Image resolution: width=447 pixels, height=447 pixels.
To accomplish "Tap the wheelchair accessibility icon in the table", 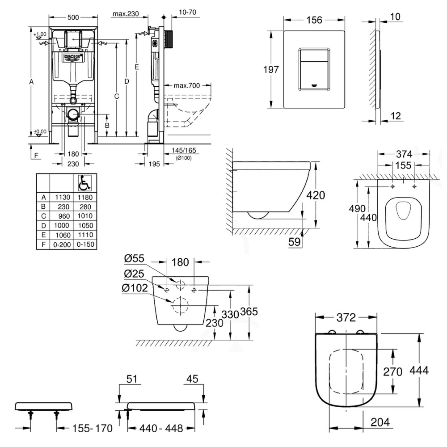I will [x=84, y=182].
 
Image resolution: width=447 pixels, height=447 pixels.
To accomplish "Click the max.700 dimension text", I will [x=186, y=85].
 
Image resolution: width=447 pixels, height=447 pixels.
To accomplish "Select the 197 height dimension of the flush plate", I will [x=271, y=69].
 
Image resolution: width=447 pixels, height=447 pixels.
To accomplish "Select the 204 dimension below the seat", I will [x=380, y=422].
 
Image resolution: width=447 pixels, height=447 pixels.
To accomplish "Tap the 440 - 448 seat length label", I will [x=161, y=429].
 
